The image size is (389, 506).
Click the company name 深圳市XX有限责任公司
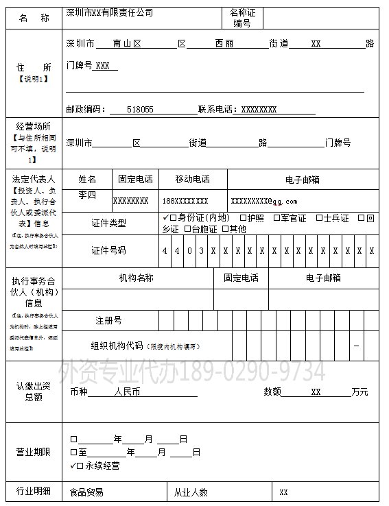click(x=109, y=13)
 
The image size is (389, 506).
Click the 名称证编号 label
click(x=242, y=18)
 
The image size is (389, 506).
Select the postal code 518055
click(x=140, y=109)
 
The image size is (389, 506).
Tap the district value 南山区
click(x=128, y=43)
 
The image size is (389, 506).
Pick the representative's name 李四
click(x=87, y=195)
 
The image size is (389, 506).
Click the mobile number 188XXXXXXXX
click(x=185, y=202)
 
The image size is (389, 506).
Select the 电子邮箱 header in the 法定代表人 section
click(x=303, y=180)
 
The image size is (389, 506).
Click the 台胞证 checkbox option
click(x=187, y=229)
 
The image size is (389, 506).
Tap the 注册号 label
click(x=108, y=320)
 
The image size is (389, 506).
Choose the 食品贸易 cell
click(x=87, y=492)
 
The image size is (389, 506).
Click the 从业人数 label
click(x=191, y=492)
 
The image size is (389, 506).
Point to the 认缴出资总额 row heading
click(x=33, y=391)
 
